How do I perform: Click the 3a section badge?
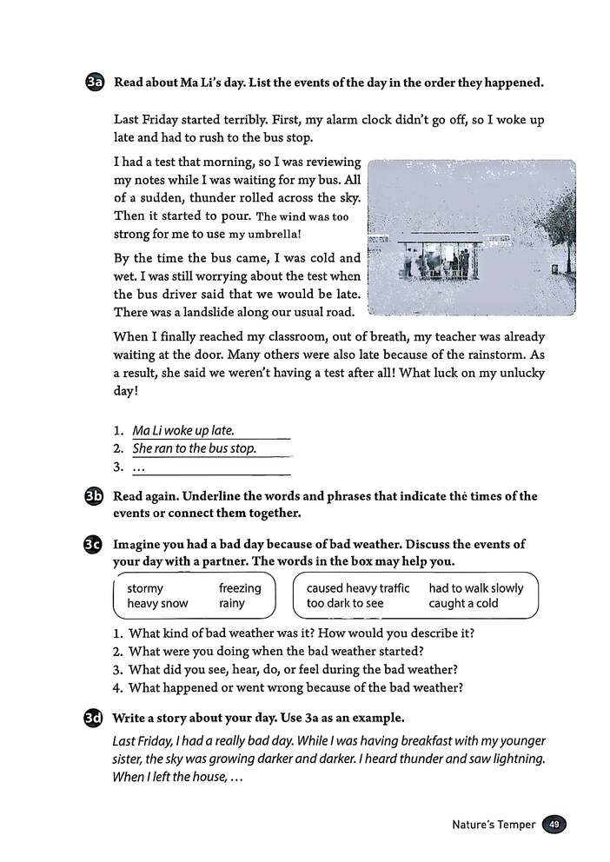96,83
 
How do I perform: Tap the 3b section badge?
96,497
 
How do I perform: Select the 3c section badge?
96,545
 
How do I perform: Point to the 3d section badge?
96,719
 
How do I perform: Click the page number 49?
554,825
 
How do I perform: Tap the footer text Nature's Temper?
494,825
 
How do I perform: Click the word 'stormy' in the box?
145,588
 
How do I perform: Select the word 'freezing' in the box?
240,588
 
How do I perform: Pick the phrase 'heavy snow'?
157,603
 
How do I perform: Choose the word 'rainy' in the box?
232,603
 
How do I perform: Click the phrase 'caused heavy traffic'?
357,588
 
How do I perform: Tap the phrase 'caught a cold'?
463,603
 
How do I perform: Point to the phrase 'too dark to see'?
344,603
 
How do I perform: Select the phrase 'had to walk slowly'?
476,588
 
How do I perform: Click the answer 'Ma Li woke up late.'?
183,430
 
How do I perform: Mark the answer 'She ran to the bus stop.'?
195,448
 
